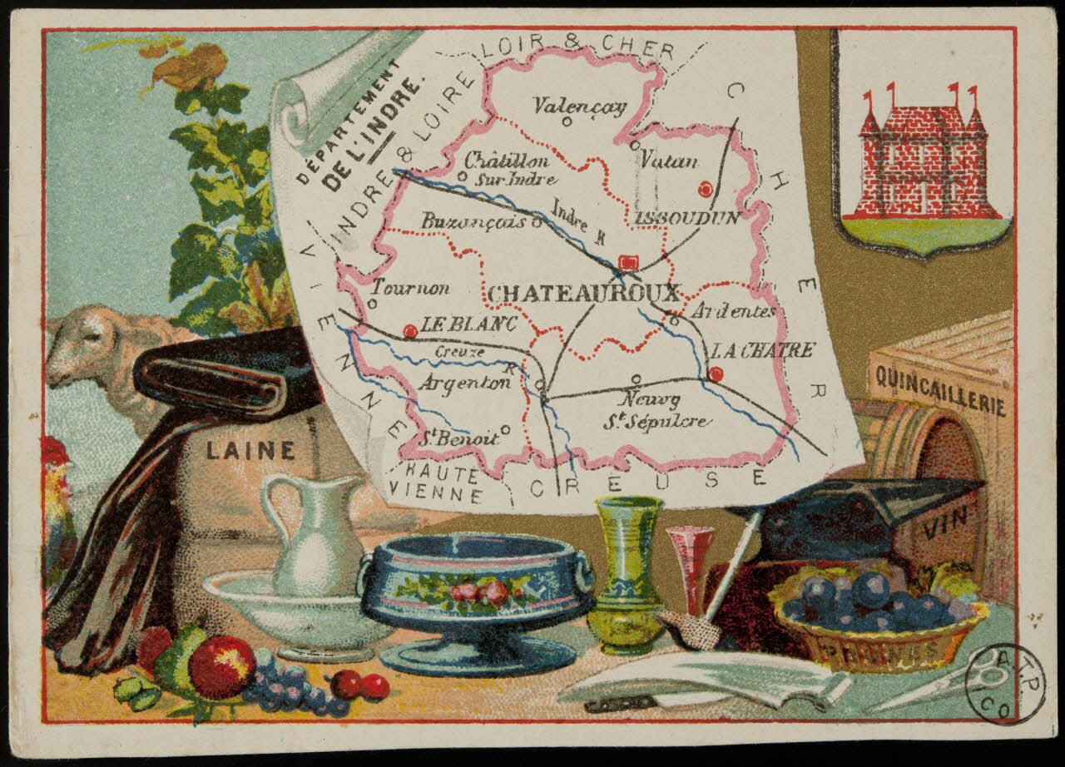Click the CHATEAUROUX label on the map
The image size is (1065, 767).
(x=583, y=293)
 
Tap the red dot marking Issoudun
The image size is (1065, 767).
(x=706, y=190)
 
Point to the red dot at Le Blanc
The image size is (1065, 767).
(x=409, y=331)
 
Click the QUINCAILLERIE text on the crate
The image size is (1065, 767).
(x=938, y=391)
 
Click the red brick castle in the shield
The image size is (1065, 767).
(x=922, y=162)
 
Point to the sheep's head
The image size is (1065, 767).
(x=83, y=345)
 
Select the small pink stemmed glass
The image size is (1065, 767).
(x=689, y=566)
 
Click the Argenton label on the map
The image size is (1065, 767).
(x=463, y=383)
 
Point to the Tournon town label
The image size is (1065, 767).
(x=410, y=288)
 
